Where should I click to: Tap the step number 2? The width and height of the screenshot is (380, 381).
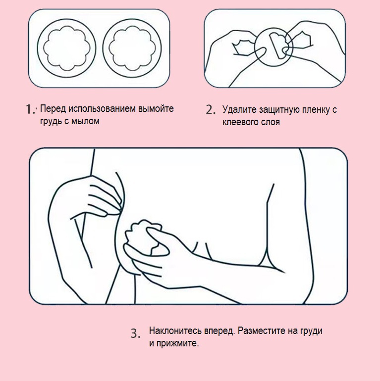click(211, 109)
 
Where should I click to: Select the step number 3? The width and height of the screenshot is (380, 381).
click(136, 333)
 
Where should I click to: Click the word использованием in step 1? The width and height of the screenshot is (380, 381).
click(102, 109)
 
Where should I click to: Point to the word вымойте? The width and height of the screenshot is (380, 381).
click(156, 109)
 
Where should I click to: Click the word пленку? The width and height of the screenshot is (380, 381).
click(316, 110)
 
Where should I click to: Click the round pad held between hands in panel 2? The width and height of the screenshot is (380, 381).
click(274, 47)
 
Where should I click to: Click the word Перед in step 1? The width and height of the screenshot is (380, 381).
click(53, 109)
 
